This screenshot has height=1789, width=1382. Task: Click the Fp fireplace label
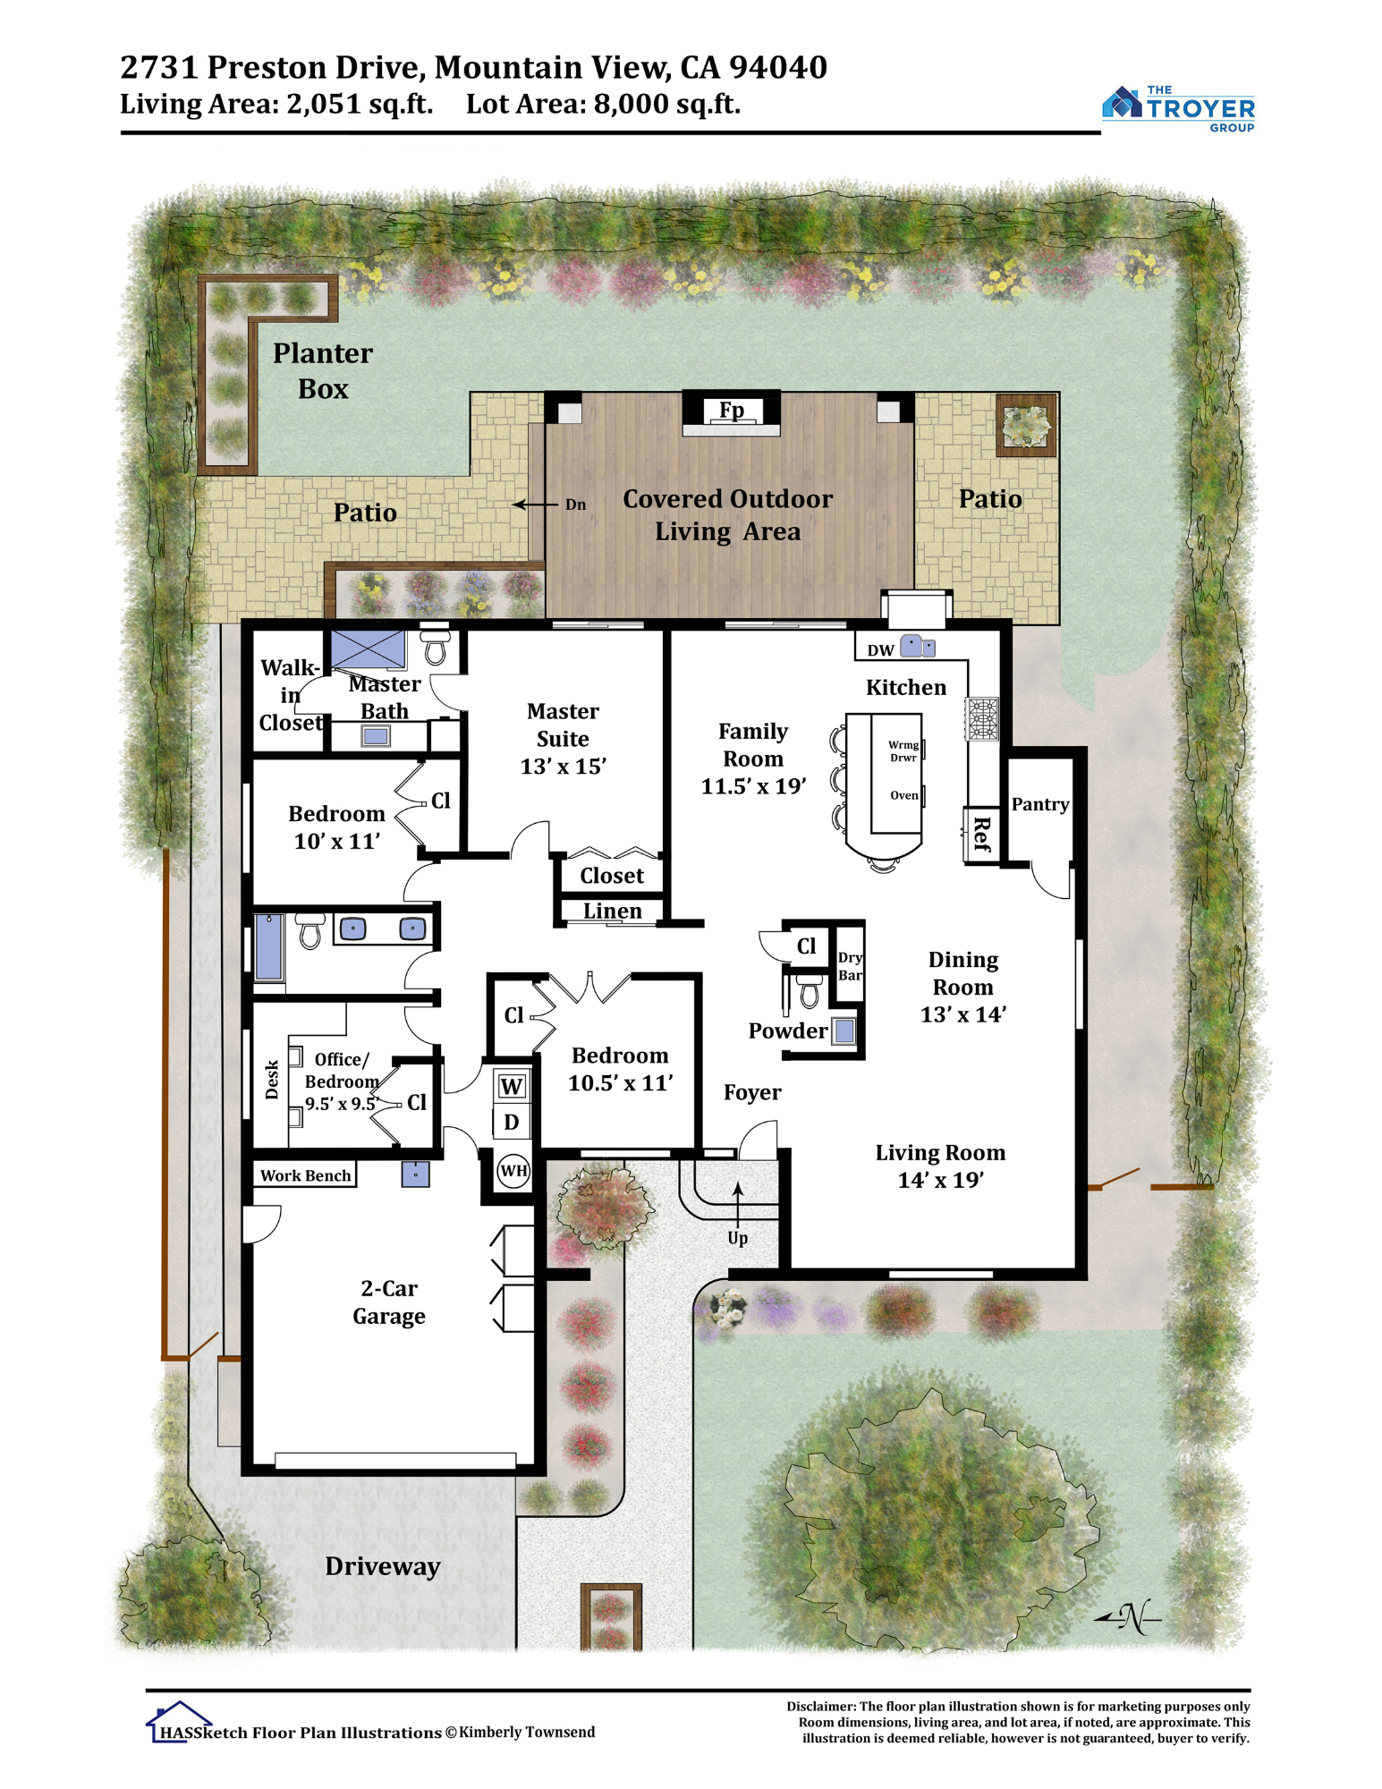click(731, 410)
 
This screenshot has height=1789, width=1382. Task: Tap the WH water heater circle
click(513, 1170)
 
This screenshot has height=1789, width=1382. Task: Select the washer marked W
click(512, 1087)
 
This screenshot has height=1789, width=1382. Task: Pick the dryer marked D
click(512, 1122)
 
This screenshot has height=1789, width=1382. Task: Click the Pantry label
click(1039, 804)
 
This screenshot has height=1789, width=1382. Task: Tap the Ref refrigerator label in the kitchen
click(981, 834)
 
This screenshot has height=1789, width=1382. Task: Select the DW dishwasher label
click(880, 650)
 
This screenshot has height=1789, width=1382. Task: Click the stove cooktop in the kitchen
click(981, 718)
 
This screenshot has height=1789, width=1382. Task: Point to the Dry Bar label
click(850, 966)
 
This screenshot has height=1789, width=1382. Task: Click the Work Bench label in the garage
click(305, 1175)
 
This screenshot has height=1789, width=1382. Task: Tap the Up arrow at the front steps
click(737, 1204)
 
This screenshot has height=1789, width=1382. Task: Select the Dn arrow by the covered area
click(534, 504)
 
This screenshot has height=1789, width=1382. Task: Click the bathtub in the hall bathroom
click(268, 946)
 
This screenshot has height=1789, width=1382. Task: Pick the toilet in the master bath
click(435, 646)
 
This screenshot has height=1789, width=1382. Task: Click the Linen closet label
click(612, 911)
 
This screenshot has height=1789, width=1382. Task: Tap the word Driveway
click(382, 1566)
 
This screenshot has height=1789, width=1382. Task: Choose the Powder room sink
click(844, 1031)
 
